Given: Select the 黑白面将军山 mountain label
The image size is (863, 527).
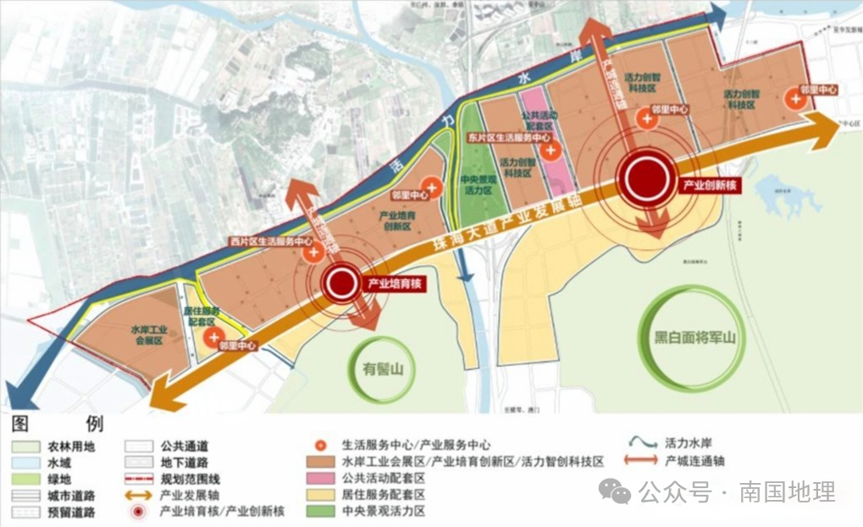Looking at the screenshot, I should coord(688,338).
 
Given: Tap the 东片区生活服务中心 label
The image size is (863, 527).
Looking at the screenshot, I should coord(509,137).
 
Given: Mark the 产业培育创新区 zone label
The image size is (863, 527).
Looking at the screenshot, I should coord(397,222).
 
